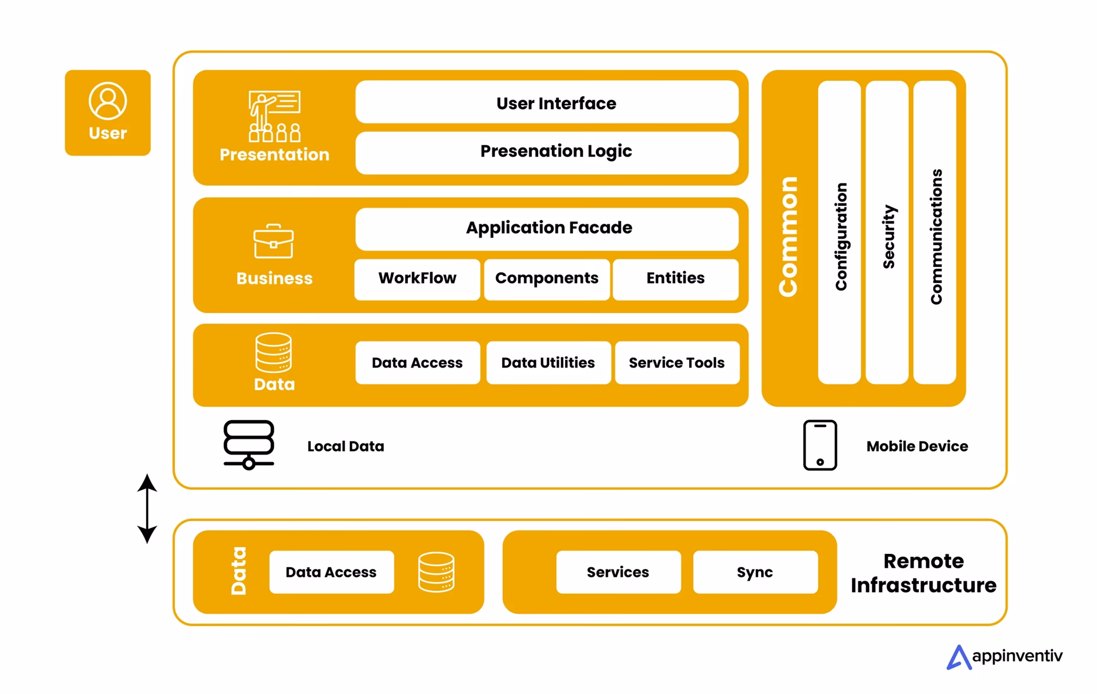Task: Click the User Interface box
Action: point(547,103)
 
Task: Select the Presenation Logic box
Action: point(547,152)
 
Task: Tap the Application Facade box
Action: point(547,228)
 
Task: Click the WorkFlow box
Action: point(417,279)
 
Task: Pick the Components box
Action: point(547,279)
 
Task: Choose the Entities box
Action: point(675,279)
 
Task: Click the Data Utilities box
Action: point(548,363)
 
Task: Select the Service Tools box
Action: point(677,363)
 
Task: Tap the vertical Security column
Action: point(887,232)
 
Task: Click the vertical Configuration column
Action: point(839,232)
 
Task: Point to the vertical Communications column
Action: point(935,232)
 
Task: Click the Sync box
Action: point(755,572)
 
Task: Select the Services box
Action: point(618,572)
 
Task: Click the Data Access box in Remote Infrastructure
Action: point(331,572)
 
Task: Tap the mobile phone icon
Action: point(820,445)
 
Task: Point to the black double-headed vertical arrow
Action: point(147,508)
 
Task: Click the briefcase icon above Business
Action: point(274,241)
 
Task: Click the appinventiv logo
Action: point(1004,657)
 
